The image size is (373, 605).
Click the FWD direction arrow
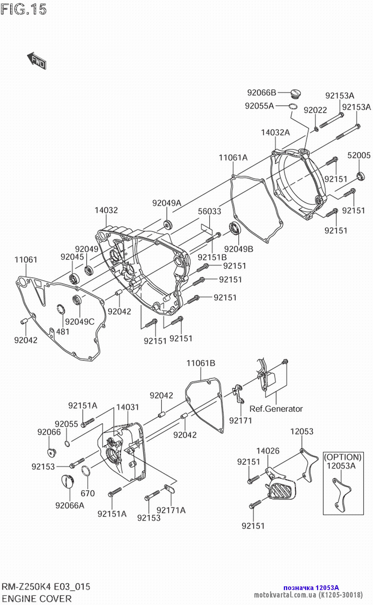[37, 60]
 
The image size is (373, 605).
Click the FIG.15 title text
[23, 9]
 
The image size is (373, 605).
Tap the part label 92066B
[261, 93]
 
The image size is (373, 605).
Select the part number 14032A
[275, 132]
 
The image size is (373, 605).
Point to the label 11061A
[233, 158]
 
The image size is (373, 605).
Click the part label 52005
[359, 155]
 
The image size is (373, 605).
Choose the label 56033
[209, 211]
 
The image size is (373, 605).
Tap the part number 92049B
[239, 249]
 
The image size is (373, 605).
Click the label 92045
[72, 257]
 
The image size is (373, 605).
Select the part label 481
[63, 332]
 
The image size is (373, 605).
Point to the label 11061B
[201, 363]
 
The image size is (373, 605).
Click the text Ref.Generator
[276, 409]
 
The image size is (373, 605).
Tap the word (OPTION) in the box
[343, 457]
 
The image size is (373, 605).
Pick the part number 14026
[268, 451]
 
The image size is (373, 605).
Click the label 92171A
[171, 510]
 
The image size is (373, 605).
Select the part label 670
[88, 494]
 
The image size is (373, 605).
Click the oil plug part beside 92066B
[296, 94]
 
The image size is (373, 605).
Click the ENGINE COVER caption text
[37, 599]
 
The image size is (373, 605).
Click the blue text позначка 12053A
[311, 588]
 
